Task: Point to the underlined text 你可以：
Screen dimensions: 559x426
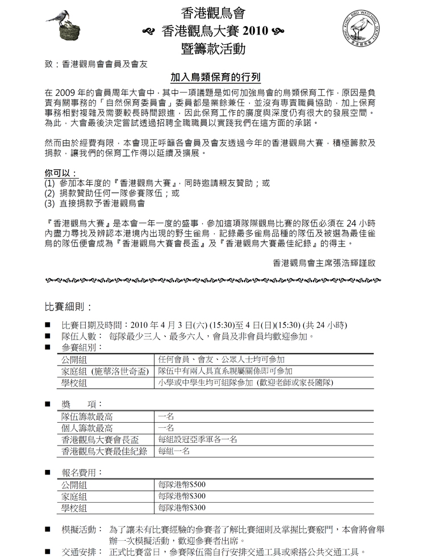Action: point(61,173)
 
